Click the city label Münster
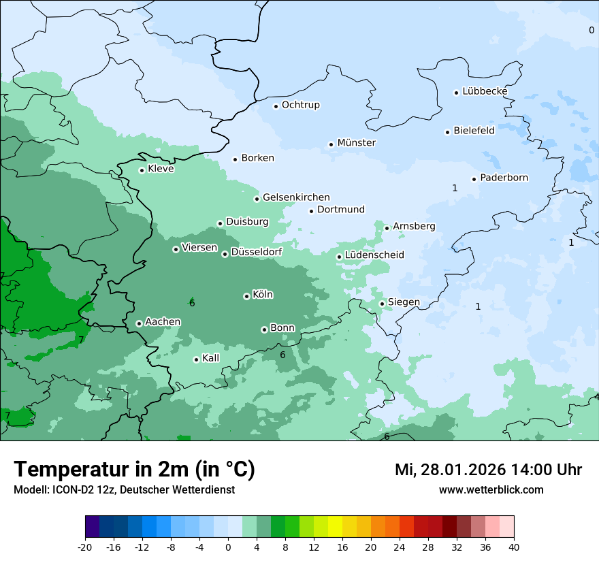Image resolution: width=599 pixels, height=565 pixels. [356, 143]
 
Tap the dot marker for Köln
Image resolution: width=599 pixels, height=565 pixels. [246, 296]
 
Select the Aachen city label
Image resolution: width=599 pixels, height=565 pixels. [163, 322]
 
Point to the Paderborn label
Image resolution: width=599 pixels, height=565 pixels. [504, 178]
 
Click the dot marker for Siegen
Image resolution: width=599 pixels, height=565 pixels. [382, 304]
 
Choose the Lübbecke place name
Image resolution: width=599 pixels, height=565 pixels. [485, 91]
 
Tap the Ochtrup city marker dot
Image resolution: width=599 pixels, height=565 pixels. [276, 106]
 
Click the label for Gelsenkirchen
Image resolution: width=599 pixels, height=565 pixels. [296, 197]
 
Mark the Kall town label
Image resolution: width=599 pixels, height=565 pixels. [211, 358]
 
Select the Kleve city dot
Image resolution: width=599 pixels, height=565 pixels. [142, 170]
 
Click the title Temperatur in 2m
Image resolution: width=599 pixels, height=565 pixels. [134, 470]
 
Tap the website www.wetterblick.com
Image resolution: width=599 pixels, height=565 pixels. [491, 490]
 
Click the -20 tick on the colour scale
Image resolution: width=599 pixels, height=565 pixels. [85, 547]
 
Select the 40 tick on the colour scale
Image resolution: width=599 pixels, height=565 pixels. [514, 547]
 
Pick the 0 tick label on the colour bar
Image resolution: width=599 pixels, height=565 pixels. [228, 547]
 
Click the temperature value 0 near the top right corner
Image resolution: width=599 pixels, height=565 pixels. [591, 30]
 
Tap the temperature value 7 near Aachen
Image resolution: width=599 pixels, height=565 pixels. [81, 340]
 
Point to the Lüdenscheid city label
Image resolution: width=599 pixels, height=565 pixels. [374, 255]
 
